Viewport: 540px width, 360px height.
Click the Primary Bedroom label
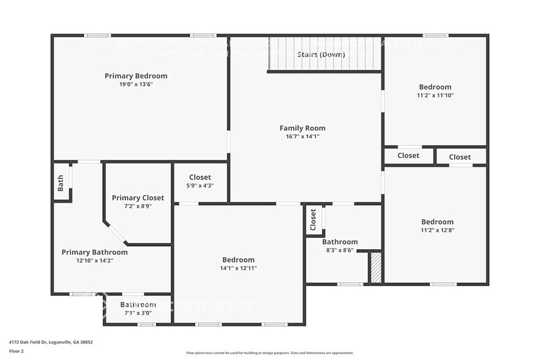(136, 76)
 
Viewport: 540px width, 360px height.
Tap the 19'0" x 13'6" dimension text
(136, 84)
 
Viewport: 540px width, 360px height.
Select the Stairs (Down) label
(321, 54)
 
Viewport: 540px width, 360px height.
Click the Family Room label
(302, 128)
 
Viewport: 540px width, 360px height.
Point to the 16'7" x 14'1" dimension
(302, 137)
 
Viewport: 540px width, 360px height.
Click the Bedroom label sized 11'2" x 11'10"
(435, 87)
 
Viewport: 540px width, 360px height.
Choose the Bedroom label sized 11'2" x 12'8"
(437, 222)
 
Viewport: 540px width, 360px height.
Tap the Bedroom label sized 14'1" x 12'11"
(238, 260)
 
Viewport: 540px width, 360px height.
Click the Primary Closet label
(138, 198)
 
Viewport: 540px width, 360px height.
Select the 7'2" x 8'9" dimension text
(138, 206)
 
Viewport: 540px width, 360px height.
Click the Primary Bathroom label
(94, 252)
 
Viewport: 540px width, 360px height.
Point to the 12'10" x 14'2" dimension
(94, 261)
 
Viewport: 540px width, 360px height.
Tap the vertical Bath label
(61, 183)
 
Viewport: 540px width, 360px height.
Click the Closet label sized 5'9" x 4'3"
(200, 178)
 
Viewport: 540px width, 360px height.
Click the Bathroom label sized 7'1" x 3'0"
(138, 304)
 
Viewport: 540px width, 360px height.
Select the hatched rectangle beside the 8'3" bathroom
(376, 268)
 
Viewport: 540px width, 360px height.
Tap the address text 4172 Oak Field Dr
(51, 342)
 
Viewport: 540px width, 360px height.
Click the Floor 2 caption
(17, 351)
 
